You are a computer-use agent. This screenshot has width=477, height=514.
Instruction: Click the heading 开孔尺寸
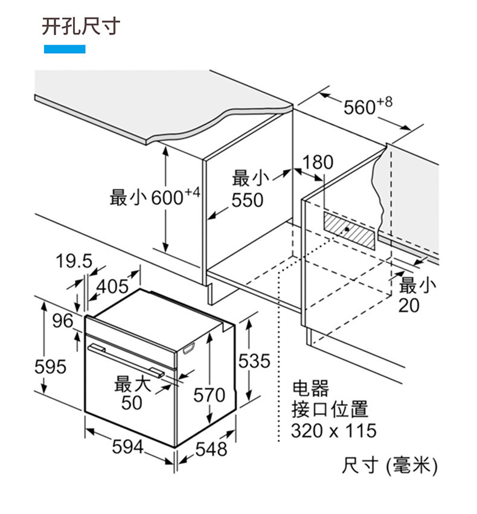[x=81, y=27]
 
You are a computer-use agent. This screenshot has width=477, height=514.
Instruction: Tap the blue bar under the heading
[x=65, y=49]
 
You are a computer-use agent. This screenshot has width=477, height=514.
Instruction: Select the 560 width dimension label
[x=367, y=107]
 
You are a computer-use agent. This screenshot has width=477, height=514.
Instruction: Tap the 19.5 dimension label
[x=74, y=262]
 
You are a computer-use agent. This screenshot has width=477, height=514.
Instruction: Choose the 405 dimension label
[x=113, y=286]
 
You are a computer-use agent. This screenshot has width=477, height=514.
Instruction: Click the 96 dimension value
[x=62, y=321]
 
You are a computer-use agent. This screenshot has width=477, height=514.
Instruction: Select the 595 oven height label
[x=50, y=366]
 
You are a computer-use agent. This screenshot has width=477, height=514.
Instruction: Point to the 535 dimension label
[x=254, y=361]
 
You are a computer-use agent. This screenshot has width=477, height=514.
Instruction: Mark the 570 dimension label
[x=209, y=396]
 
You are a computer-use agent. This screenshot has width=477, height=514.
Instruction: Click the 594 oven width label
[x=127, y=447]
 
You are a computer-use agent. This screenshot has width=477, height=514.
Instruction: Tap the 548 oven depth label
[x=211, y=449]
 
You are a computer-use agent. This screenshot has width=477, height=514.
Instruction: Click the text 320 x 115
[x=333, y=431]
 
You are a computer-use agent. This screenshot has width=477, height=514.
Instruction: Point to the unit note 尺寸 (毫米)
[x=389, y=465]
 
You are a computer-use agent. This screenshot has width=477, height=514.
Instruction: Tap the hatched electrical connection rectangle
[x=350, y=230]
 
